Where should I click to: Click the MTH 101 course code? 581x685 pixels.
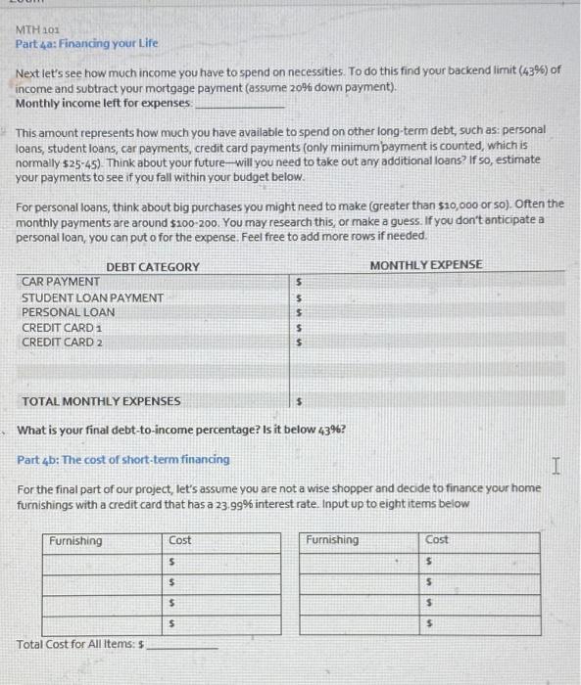[36, 30]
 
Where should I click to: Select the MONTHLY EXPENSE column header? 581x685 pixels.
[426, 265]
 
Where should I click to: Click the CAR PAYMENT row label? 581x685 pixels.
[60, 282]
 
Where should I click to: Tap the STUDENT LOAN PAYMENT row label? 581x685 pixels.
[93, 297]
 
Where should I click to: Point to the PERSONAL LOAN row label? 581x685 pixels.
[68, 312]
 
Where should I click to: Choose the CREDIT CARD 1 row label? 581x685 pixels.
[62, 327]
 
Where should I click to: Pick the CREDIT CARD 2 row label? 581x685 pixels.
[62, 342]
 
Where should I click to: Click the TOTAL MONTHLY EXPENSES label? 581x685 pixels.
[101, 401]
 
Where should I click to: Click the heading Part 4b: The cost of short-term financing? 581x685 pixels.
[123, 459]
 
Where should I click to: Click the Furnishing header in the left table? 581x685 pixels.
[75, 540]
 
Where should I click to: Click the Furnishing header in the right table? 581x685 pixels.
[333, 540]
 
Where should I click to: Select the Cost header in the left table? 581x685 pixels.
[180, 540]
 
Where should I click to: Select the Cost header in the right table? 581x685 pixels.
[438, 540]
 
